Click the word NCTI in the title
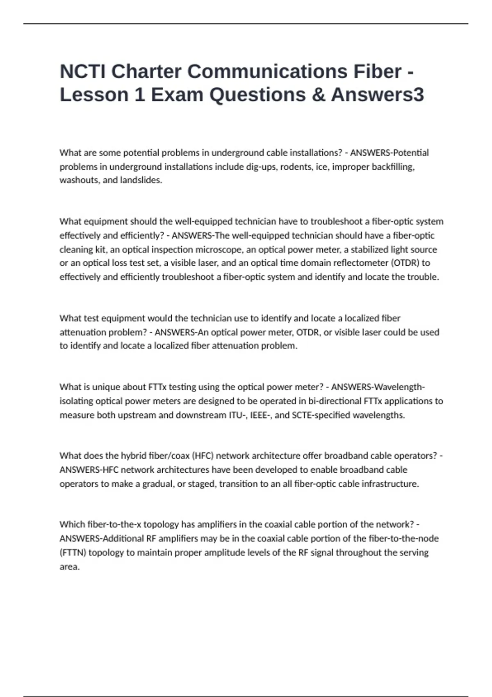coord(82,71)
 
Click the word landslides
coord(141,180)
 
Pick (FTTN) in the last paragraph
coord(73,553)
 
